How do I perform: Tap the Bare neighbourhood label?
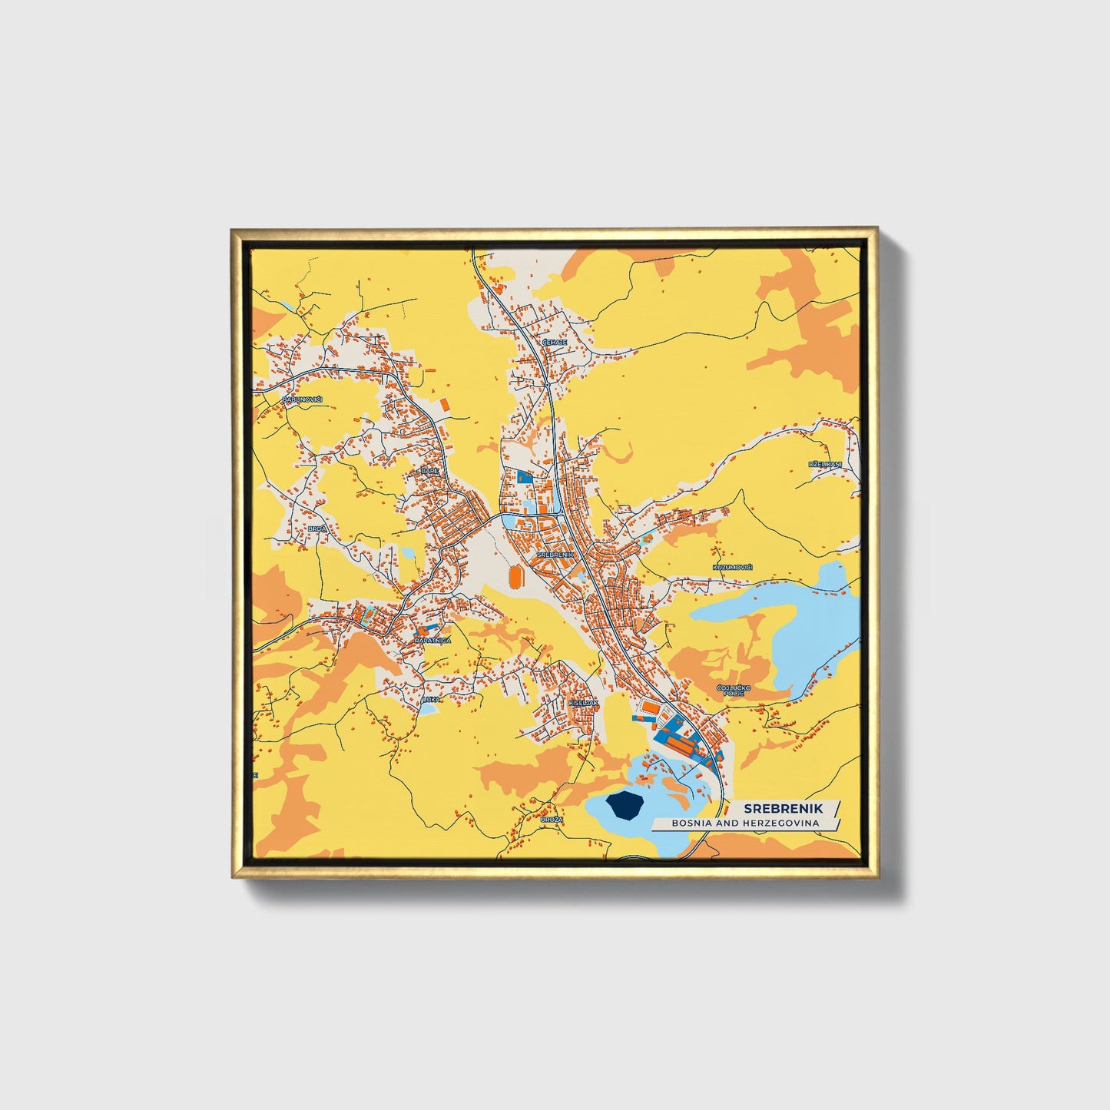tap(429, 471)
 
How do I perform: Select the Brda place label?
tap(316, 529)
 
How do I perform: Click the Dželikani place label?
tap(825, 465)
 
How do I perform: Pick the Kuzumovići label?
tap(732, 567)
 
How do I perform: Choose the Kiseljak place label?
tap(584, 702)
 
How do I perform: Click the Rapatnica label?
tap(432, 640)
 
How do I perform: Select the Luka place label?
tap(431, 699)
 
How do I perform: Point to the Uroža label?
tap(552, 820)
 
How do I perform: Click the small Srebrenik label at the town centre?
tap(555, 554)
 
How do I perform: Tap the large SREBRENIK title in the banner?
tap(783, 808)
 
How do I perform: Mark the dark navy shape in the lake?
tap(624, 807)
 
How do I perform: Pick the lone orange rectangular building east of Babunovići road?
tap(444, 403)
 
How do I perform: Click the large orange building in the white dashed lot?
tap(651, 707)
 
